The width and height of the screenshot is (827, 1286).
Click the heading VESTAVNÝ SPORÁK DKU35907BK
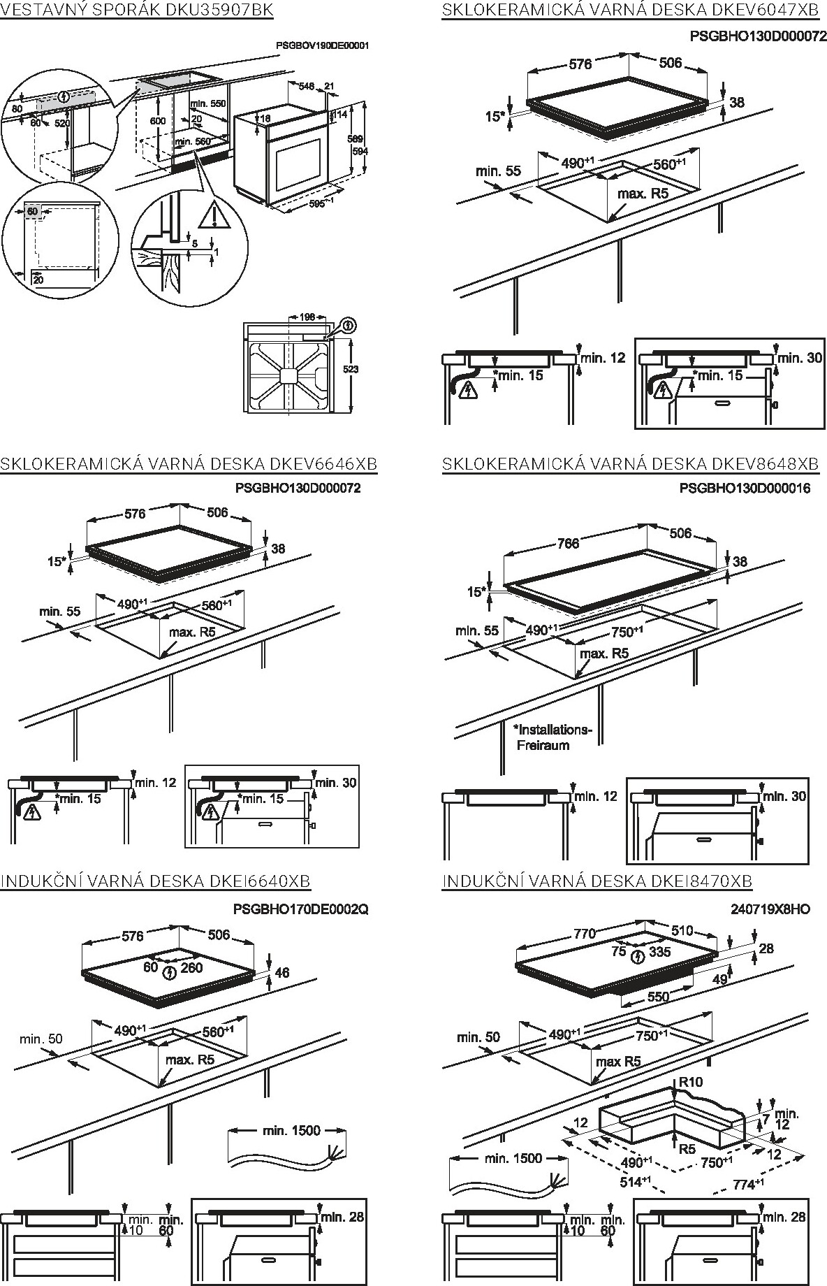(x=136, y=10)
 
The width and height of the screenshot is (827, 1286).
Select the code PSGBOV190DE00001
(x=322, y=45)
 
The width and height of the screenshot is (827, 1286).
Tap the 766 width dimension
(x=569, y=543)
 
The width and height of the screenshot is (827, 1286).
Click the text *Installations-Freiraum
(x=552, y=737)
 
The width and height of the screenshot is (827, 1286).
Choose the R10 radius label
(x=690, y=1082)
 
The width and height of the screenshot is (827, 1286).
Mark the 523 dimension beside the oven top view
(x=351, y=368)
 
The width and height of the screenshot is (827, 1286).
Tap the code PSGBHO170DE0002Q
(x=300, y=909)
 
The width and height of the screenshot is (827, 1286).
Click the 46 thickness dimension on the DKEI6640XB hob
(x=281, y=972)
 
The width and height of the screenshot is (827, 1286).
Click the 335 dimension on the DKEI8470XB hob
(x=659, y=952)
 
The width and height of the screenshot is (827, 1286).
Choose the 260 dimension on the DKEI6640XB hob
(x=191, y=967)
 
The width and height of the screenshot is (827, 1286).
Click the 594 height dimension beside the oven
(x=357, y=152)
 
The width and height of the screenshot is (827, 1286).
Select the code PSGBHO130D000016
(x=745, y=488)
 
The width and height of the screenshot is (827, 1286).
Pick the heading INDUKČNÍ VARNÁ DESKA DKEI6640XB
(x=155, y=881)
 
